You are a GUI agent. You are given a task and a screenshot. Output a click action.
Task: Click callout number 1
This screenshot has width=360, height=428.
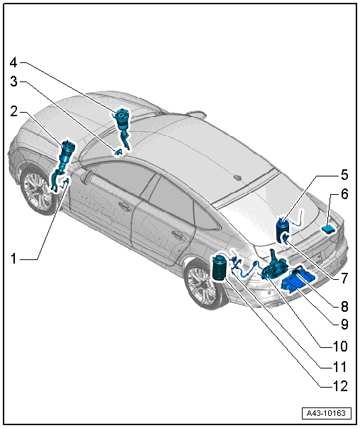[x=13, y=258]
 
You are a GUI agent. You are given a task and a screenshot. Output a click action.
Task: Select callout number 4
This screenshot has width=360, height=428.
[x=13, y=63]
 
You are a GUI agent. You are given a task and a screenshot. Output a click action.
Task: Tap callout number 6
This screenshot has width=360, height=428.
[x=344, y=194]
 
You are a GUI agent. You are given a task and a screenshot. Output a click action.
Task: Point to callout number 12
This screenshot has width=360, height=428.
[x=340, y=386]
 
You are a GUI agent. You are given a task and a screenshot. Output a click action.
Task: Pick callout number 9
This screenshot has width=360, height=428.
[x=344, y=325]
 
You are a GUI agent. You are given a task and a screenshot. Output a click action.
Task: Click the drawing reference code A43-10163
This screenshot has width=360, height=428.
[x=326, y=413]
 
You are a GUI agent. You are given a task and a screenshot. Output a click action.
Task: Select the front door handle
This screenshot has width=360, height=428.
[x=125, y=205]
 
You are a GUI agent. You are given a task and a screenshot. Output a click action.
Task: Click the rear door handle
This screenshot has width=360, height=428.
[x=179, y=235]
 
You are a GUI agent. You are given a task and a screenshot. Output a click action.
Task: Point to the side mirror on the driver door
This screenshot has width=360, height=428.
[x=87, y=176]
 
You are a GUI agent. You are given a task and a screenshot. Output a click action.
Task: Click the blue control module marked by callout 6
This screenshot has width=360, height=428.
[x=330, y=228]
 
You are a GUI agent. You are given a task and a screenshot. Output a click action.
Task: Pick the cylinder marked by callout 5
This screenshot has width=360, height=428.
[x=282, y=229]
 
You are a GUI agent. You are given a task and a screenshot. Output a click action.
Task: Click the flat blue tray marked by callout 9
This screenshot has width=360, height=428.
[x=298, y=281]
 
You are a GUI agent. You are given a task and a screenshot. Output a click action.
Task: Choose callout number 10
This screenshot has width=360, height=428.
[x=340, y=346]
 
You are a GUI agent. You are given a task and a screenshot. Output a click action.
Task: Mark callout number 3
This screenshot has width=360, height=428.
[x=13, y=81]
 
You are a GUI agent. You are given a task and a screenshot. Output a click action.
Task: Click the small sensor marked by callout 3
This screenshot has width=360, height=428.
[x=118, y=152]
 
